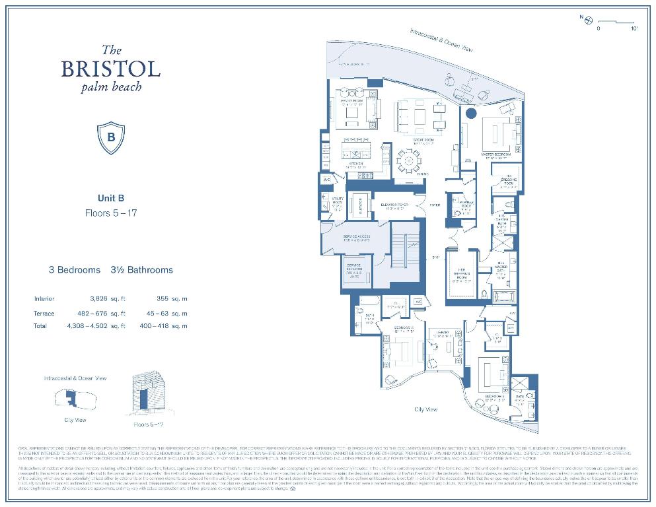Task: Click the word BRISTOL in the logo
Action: tap(111, 69)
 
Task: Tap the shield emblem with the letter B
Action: tap(111, 137)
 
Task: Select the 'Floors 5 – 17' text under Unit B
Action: tap(111, 213)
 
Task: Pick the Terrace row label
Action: tap(44, 313)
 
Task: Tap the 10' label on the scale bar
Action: tap(634, 29)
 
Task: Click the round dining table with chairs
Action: tap(408, 160)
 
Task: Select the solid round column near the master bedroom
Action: tap(470, 114)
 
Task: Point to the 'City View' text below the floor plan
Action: tap(427, 409)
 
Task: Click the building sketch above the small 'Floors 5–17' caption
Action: tap(146, 395)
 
